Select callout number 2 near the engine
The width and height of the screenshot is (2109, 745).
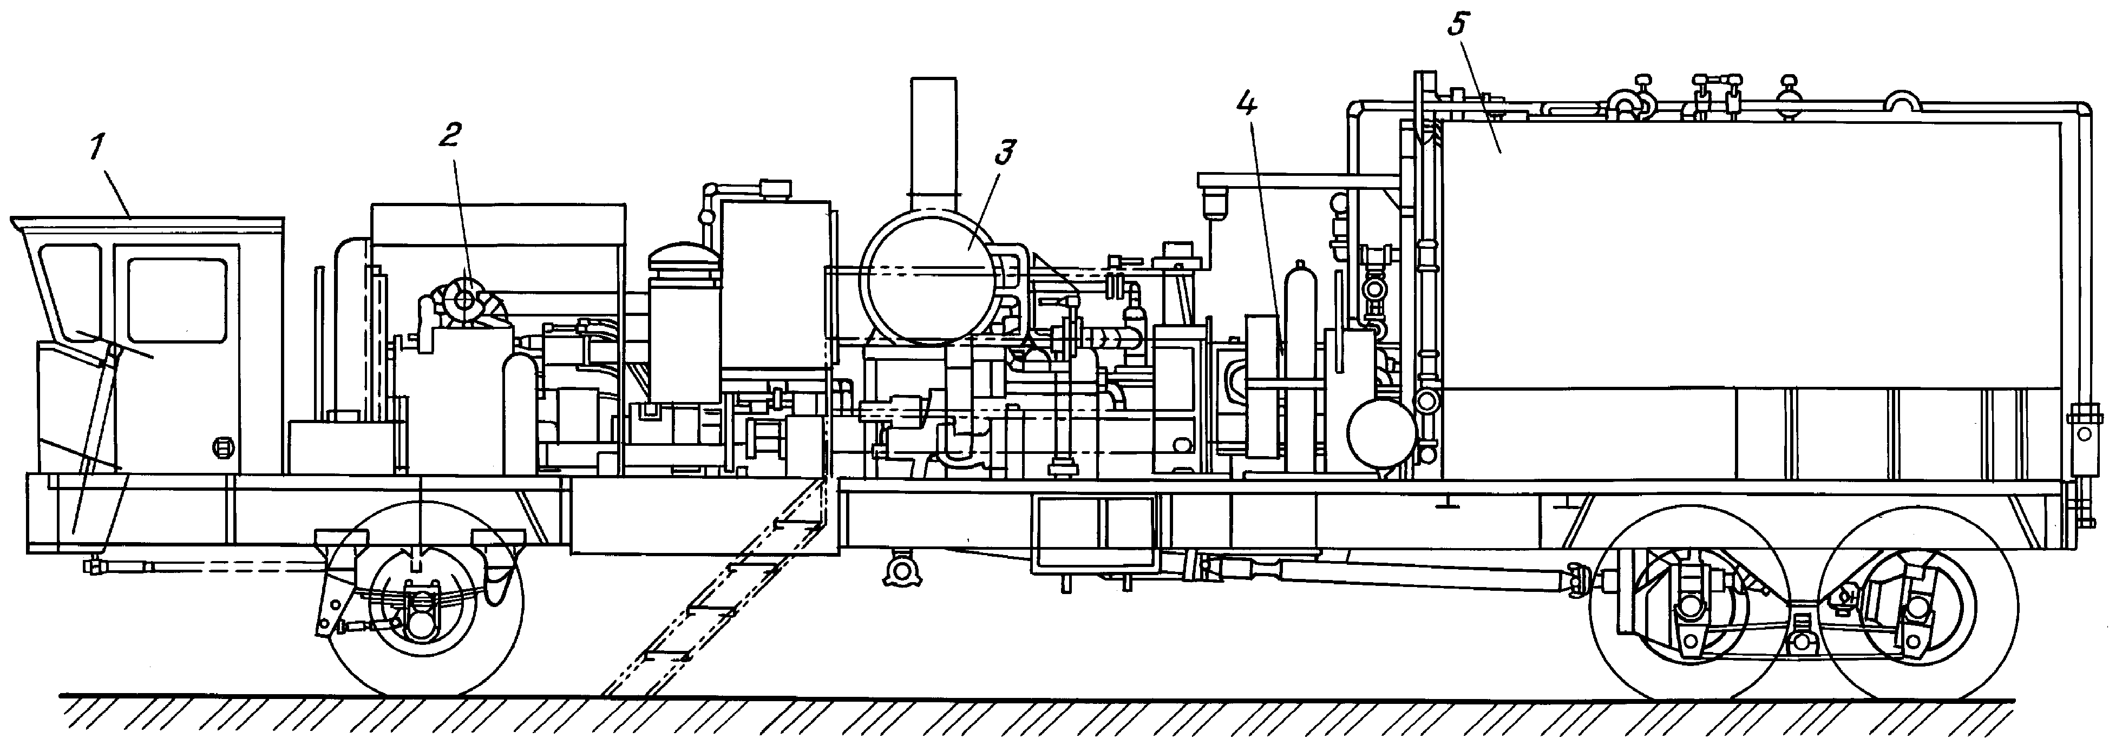(x=449, y=136)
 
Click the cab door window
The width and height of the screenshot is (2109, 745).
(x=177, y=300)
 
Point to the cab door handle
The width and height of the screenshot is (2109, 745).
(x=219, y=446)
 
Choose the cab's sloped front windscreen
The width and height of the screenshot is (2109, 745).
(x=66, y=287)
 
